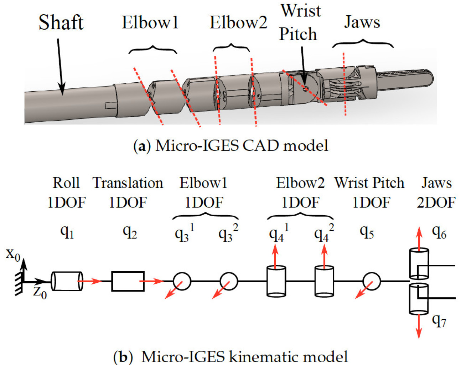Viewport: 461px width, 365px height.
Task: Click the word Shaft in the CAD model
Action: (x=61, y=23)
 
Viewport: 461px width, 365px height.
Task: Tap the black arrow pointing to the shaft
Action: (x=60, y=68)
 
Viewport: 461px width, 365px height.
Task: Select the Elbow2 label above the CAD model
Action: (x=238, y=22)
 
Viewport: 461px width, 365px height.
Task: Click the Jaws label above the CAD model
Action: (x=362, y=22)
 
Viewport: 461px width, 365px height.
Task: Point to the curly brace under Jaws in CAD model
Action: (x=363, y=44)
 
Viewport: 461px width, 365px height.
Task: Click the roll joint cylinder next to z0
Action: (x=67, y=281)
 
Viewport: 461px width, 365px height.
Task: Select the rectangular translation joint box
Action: (x=128, y=281)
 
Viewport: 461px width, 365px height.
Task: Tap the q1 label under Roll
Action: (x=67, y=232)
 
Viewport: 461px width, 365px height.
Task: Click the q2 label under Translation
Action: (x=129, y=232)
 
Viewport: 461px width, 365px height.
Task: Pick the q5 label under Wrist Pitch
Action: (x=367, y=232)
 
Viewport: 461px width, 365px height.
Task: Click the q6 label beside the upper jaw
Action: (x=439, y=232)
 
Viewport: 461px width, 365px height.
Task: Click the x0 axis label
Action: (x=13, y=254)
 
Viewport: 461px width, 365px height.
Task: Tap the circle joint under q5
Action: (x=371, y=281)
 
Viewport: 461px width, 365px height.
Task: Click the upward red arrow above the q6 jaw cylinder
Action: (x=419, y=237)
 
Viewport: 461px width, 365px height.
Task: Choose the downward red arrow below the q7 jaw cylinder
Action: (x=419, y=326)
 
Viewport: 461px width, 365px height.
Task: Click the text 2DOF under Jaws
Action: (x=436, y=202)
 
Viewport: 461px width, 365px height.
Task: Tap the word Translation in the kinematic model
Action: (x=128, y=183)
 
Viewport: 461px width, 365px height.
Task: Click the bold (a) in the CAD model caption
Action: (x=141, y=146)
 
